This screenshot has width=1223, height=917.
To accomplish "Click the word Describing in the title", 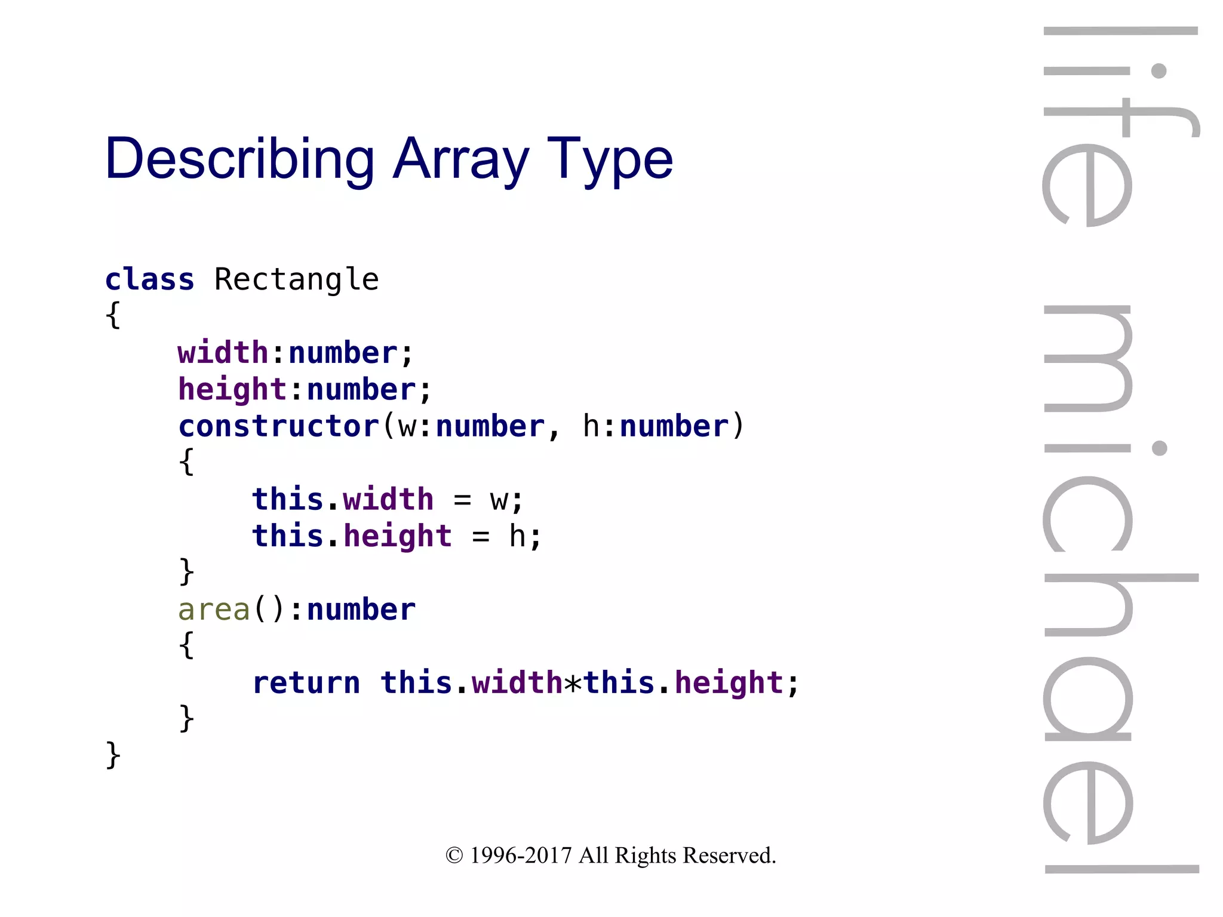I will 239,158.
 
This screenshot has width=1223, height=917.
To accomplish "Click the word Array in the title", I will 460,158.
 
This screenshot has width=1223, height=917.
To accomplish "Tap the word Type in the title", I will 610,158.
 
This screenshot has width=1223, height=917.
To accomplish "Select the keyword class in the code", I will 149,279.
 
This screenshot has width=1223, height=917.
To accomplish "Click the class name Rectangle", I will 296,279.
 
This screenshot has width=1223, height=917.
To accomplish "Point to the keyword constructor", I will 279,426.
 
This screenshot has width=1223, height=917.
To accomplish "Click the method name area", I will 214,610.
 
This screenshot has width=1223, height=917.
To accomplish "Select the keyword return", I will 306,683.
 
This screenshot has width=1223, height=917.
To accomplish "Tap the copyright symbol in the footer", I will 454,856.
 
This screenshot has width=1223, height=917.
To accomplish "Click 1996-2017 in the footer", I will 521,856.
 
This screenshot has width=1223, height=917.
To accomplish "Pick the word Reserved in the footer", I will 729,856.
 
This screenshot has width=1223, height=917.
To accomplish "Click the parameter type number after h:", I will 674,426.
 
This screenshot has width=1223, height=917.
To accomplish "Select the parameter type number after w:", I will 490,426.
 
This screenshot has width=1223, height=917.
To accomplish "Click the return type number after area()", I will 361,610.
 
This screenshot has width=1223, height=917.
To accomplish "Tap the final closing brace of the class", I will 113,756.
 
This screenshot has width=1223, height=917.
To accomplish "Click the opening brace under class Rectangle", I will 113,315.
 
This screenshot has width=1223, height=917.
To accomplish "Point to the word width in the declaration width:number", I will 223,353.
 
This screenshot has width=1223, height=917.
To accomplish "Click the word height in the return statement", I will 729,683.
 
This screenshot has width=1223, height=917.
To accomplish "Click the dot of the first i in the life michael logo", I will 1159,71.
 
